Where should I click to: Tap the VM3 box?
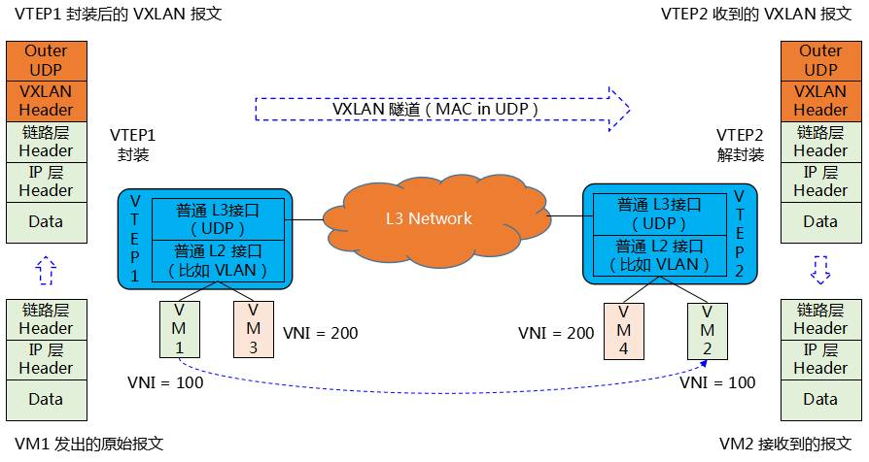[x=253, y=330]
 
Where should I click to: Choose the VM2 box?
[x=707, y=330]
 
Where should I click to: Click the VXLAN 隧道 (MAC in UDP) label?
[x=435, y=110]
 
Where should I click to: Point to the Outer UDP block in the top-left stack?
[x=46, y=60]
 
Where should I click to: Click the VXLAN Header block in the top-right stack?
[x=820, y=100]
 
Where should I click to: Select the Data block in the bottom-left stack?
[x=46, y=399]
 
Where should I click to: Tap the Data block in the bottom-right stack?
[x=820, y=399]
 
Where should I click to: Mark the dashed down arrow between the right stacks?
[x=820, y=271]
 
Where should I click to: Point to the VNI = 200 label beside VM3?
[x=320, y=334]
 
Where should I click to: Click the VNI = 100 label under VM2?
[x=717, y=383]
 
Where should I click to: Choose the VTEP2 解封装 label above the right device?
[x=740, y=145]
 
